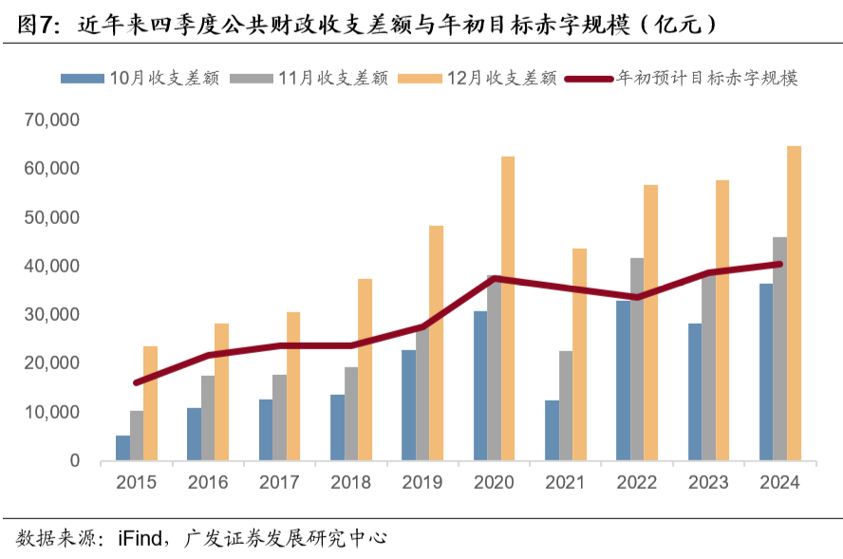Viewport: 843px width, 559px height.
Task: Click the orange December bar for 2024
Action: (795, 304)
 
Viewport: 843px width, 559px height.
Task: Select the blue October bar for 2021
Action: (552, 431)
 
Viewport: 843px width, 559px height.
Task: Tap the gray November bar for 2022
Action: (637, 360)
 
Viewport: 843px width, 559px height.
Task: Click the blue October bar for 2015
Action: (122, 448)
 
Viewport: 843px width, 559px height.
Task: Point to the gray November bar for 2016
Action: (208, 419)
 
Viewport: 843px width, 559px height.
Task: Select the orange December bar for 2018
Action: (365, 370)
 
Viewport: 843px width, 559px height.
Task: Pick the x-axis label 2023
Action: (708, 482)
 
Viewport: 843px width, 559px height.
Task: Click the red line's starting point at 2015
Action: (137, 382)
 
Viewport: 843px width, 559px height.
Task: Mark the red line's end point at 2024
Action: (779, 264)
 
